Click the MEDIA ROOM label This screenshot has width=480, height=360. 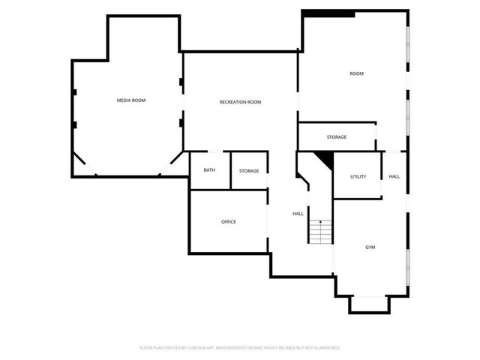coord(130,100)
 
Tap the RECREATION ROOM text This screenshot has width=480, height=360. coord(240,102)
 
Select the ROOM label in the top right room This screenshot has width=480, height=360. coord(356,73)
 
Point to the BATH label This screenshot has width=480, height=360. coord(209,170)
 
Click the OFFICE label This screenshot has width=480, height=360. coord(229,222)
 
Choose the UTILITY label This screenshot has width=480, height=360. coord(358,176)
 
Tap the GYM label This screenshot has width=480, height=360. coord(370,247)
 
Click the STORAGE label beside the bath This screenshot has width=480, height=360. coord(249,171)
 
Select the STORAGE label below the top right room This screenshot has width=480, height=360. coord(336,137)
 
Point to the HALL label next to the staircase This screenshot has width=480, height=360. coord(298,214)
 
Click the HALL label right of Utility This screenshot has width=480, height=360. coord(394,176)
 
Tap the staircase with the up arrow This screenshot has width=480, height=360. coord(320,232)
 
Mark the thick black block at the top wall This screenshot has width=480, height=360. coord(328,13)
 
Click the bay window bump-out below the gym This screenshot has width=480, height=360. coord(370,304)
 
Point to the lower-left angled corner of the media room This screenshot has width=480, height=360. coord(84,165)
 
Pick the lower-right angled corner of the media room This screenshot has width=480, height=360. coord(172,163)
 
